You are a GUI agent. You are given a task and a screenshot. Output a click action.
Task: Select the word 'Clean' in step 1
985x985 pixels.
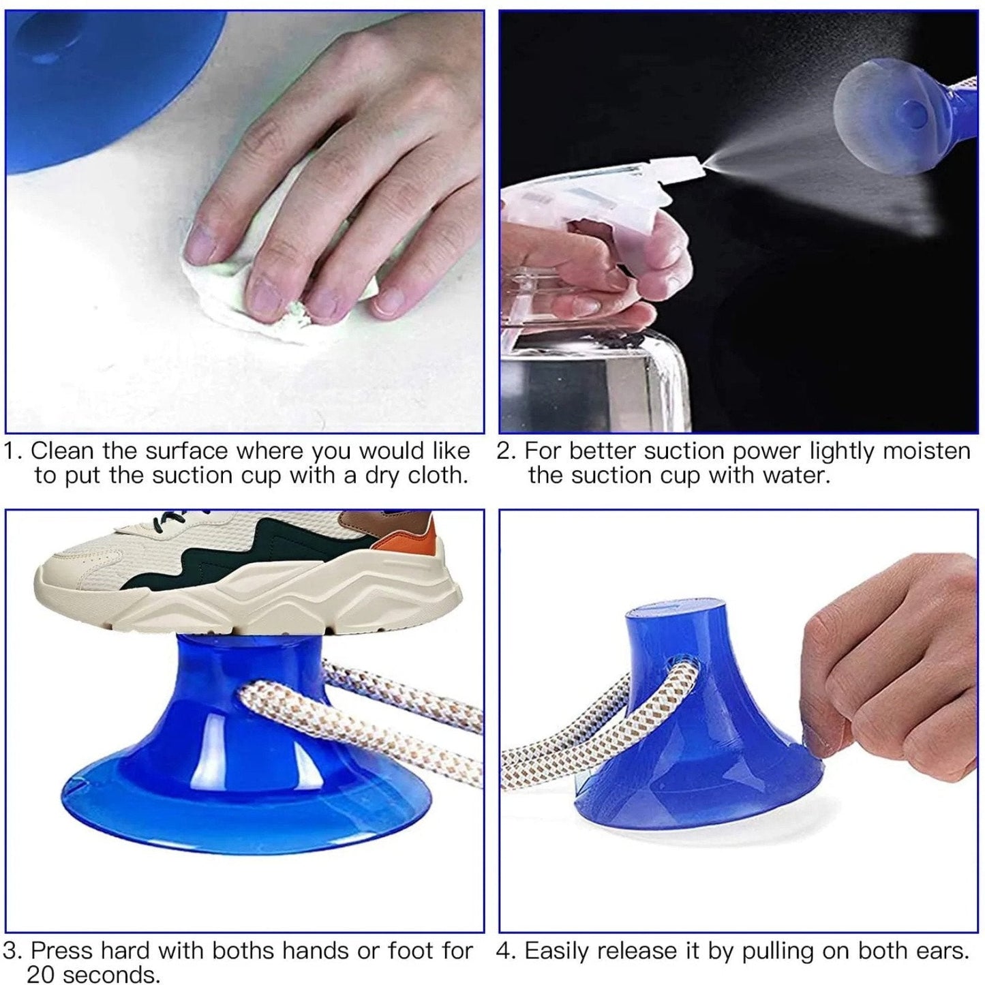click(63, 451)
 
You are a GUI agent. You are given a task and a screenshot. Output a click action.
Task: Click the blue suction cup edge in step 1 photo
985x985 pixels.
click(102, 136)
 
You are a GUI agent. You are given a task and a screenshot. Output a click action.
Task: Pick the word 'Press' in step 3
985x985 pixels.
click(63, 950)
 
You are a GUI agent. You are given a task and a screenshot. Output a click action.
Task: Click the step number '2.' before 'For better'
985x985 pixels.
click(506, 451)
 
